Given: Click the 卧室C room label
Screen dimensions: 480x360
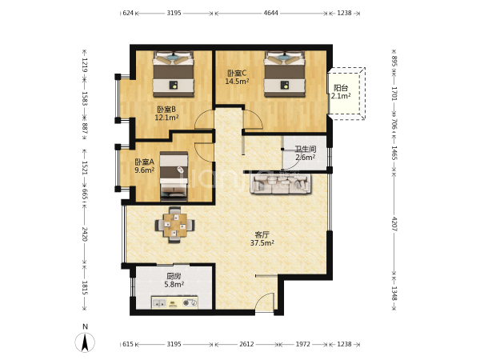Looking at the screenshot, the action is [237, 74].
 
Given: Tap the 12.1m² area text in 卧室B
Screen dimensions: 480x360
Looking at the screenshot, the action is [166, 118].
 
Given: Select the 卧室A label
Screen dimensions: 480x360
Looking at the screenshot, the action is [145, 162].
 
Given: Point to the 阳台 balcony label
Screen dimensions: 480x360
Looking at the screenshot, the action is [341, 88].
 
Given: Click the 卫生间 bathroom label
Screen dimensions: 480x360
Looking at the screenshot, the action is [306, 150].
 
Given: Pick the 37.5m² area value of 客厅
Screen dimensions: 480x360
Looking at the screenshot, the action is [262, 243].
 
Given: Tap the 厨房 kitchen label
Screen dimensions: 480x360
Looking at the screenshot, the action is [174, 276].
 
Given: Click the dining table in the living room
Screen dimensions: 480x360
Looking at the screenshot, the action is [174, 225].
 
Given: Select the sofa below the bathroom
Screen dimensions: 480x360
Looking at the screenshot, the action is [281, 184].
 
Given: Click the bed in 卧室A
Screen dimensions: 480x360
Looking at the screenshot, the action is [174, 176].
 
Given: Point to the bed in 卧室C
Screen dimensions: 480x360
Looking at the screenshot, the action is [285, 74].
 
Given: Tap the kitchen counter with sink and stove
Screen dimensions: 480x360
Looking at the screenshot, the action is [174, 302].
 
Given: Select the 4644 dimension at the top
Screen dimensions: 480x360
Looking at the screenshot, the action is [271, 13].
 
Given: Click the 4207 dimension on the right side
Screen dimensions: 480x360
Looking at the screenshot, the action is [394, 224].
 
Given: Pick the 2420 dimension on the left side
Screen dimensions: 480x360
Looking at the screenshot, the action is [85, 234].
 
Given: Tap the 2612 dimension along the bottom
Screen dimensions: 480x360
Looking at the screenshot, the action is [246, 344].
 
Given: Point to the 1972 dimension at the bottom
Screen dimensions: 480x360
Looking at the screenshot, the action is [302, 344].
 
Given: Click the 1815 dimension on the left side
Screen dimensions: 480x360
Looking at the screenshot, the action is [85, 288].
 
